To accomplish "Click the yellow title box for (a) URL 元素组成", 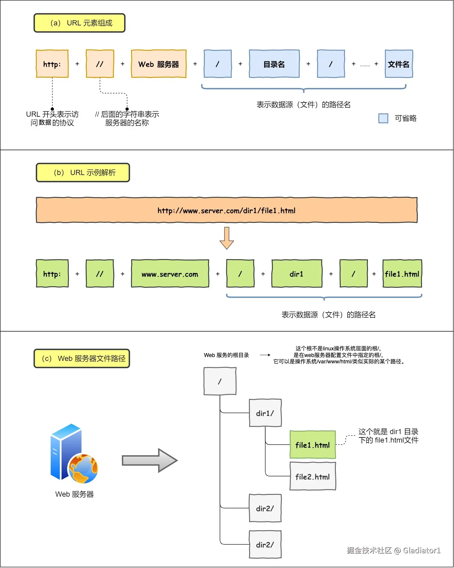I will pyautogui.click(x=79, y=23).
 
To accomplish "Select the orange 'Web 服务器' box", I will pyautogui.click(x=159, y=64).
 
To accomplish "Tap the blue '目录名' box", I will pyautogui.click(x=274, y=64).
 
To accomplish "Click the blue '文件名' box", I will pyautogui.click(x=399, y=64).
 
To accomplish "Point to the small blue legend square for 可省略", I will pyautogui.click(x=383, y=118).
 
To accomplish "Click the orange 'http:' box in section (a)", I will pyautogui.click(x=52, y=64).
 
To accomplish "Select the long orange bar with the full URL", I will pyautogui.click(x=227, y=210).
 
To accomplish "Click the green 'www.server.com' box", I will pyautogui.click(x=170, y=274).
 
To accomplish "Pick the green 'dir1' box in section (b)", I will pyautogui.click(x=297, y=274).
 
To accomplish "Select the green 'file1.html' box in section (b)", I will pyautogui.click(x=402, y=274).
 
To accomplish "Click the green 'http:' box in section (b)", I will pyautogui.click(x=52, y=274).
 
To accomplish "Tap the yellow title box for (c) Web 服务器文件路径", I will pyautogui.click(x=82, y=359).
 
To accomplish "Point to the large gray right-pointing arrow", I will pyautogui.click(x=150, y=460).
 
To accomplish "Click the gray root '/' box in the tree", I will pyautogui.click(x=220, y=381).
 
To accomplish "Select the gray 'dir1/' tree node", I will pyautogui.click(x=265, y=413).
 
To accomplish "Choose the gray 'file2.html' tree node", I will pyautogui.click(x=313, y=477).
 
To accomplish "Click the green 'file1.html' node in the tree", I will pyautogui.click(x=313, y=445).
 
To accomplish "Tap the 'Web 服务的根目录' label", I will pyautogui.click(x=226, y=355).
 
